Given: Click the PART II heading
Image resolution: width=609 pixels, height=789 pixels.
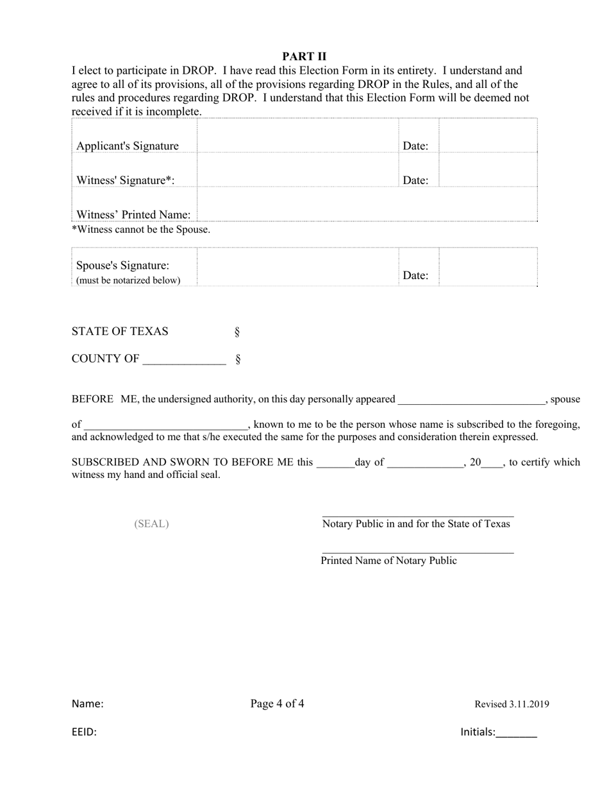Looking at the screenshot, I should click(x=304, y=56).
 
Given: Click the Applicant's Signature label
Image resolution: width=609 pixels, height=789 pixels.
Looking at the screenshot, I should click(x=127, y=146).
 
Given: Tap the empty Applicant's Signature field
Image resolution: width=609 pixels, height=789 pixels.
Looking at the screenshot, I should click(x=297, y=136).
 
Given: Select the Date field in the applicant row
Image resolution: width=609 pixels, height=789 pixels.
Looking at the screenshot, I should click(x=488, y=136).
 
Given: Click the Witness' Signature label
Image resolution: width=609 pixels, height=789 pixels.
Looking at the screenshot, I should click(x=125, y=181).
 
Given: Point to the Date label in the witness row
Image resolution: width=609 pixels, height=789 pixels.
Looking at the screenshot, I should click(x=415, y=181).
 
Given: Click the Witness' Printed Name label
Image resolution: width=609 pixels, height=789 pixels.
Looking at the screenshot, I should click(x=133, y=215).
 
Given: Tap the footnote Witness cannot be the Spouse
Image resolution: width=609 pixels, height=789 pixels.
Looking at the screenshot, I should click(x=141, y=230).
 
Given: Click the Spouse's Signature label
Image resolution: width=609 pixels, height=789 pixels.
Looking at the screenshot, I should click(x=122, y=266).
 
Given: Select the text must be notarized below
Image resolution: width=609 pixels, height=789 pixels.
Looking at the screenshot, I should click(x=128, y=281).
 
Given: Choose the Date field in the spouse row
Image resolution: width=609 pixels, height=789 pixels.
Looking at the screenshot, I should click(x=488, y=267).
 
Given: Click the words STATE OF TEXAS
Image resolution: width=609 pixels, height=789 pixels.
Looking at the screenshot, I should click(x=120, y=332).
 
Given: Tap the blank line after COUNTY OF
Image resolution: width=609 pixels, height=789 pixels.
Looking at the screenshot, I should click(x=184, y=360).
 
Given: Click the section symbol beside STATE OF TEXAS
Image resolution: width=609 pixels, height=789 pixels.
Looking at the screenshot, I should click(x=237, y=332).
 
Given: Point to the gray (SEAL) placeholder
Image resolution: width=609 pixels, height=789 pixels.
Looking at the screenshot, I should click(x=151, y=524).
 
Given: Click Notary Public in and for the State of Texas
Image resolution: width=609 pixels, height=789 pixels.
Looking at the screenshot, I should click(x=416, y=524).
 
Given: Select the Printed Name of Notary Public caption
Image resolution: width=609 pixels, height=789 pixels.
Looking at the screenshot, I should click(x=388, y=561).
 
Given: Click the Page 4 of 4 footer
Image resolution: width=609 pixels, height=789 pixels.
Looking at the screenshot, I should click(x=277, y=704).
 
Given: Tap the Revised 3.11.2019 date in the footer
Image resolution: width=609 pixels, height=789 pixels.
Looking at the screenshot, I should click(x=512, y=704).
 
